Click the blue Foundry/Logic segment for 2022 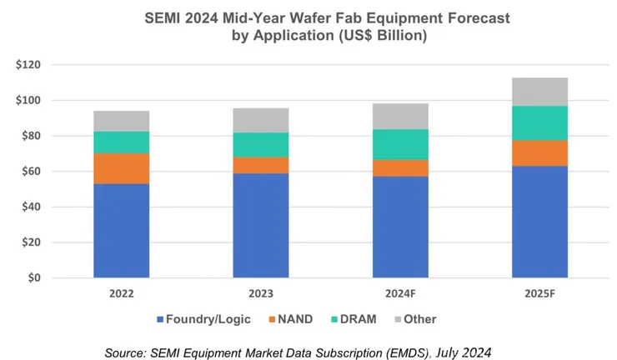click(121, 231)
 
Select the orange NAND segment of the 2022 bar click(121, 168)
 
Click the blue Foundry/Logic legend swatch click(160, 319)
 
